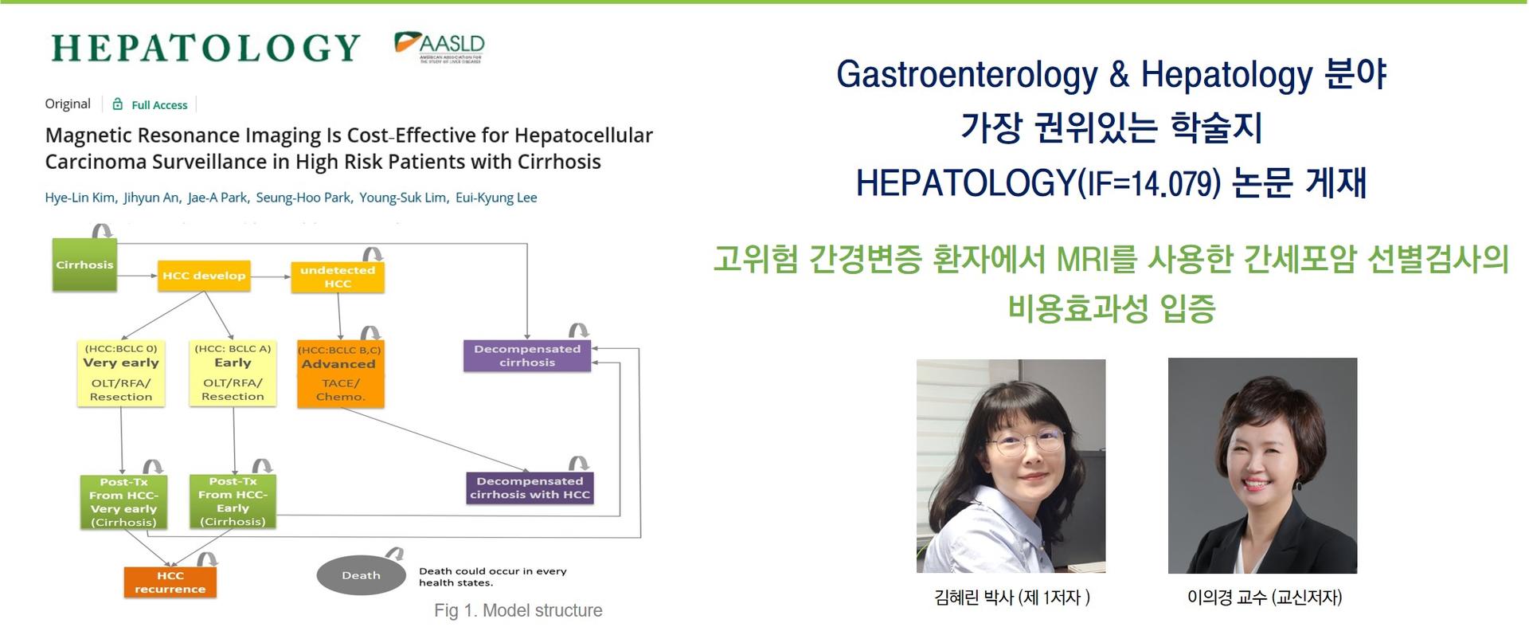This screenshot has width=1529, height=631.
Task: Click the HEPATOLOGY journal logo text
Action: (205, 48)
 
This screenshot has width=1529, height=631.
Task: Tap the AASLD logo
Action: (440, 47)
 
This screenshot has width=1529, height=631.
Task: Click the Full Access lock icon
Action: (118, 104)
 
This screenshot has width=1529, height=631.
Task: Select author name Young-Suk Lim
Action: (403, 198)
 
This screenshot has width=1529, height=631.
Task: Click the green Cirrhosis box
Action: (84, 265)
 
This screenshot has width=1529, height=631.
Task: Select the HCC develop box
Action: (204, 276)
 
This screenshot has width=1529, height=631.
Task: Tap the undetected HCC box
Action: (338, 276)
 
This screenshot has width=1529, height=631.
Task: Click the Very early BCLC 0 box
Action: (121, 373)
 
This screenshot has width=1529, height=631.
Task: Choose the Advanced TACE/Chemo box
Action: (340, 374)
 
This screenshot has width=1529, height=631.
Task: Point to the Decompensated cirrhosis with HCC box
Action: (530, 488)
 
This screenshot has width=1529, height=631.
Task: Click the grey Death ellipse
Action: (361, 575)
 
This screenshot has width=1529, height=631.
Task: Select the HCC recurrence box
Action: (170, 582)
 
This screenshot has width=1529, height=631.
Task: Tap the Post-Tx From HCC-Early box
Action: (233, 501)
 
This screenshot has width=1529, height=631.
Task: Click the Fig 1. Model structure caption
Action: (518, 610)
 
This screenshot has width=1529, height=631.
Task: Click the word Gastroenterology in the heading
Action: (967, 74)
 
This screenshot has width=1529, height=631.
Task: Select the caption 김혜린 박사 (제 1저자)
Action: (1012, 598)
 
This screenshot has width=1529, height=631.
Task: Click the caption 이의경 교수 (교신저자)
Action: (1265, 598)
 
